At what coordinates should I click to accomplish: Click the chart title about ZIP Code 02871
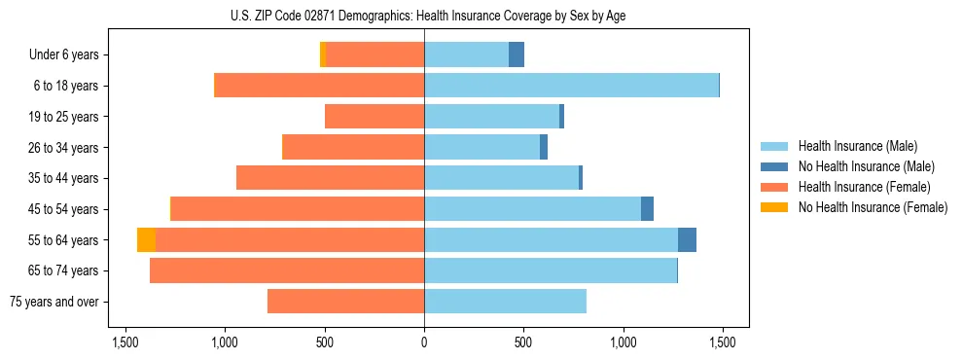424,16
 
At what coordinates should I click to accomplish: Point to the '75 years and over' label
53,302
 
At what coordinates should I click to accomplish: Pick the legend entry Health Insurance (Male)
857,146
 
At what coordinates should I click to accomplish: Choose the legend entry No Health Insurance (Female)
873,207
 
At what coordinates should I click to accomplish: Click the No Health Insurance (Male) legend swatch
774,166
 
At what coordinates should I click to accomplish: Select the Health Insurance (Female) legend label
865,187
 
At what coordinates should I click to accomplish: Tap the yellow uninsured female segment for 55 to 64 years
146,240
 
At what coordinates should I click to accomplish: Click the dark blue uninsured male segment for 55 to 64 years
687,240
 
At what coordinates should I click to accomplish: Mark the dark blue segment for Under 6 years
517,54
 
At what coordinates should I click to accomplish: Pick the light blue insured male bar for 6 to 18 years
571,86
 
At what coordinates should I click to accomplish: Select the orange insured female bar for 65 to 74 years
287,270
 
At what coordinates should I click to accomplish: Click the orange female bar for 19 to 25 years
374,117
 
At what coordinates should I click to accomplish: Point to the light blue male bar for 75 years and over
505,302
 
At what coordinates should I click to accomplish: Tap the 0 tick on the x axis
424,342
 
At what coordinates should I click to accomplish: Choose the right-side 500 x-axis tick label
523,342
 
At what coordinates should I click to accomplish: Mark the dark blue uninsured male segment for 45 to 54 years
647,209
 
